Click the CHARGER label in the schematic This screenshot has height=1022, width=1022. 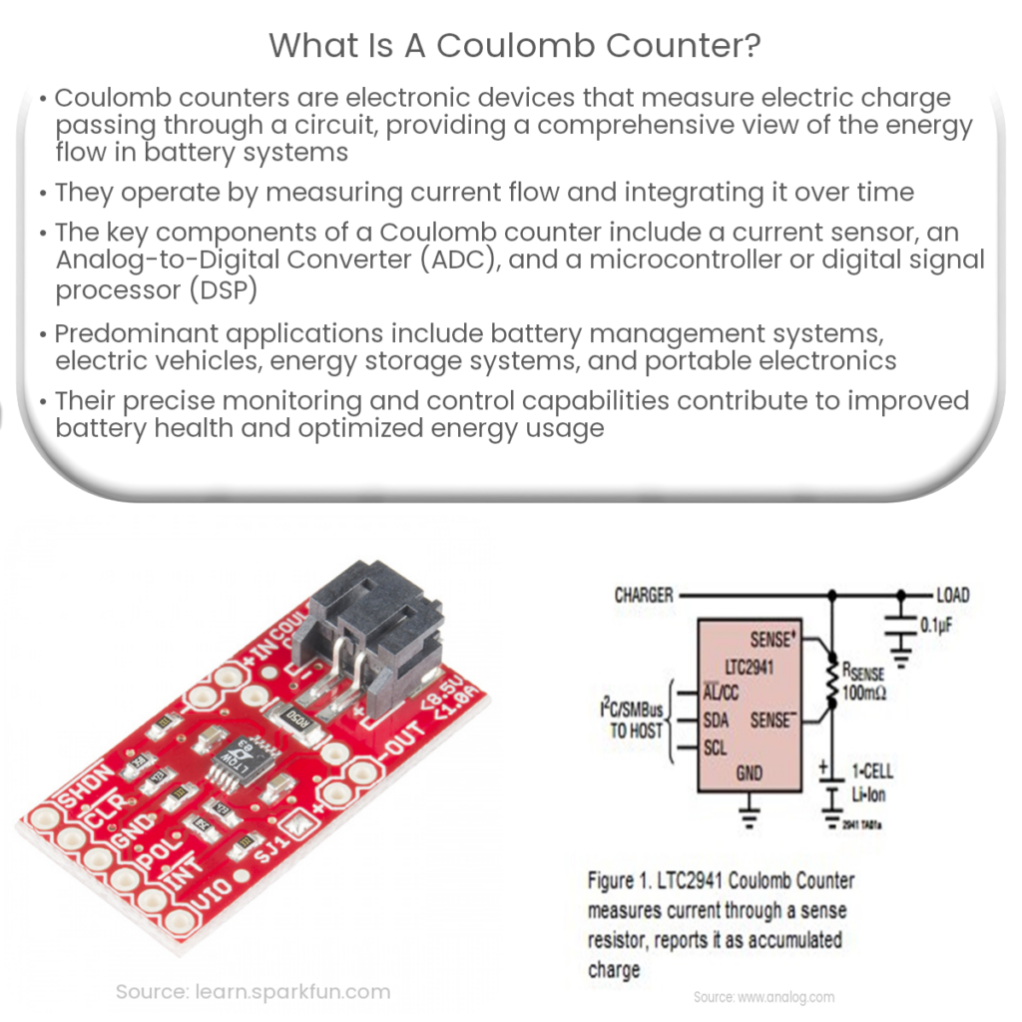(643, 595)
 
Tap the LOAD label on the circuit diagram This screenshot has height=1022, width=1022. (952, 595)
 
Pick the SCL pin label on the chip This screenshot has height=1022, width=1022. (715, 747)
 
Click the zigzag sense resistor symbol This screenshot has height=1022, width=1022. (829, 680)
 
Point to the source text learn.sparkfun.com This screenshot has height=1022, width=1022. (253, 991)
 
